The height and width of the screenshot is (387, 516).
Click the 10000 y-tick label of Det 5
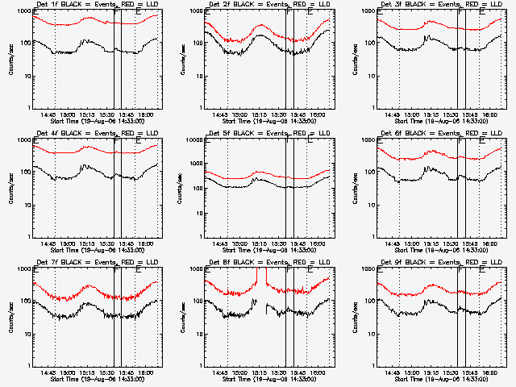point(193,139)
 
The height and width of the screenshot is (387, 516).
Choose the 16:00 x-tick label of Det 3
point(491,114)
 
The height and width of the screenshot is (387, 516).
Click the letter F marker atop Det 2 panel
point(289,11)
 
